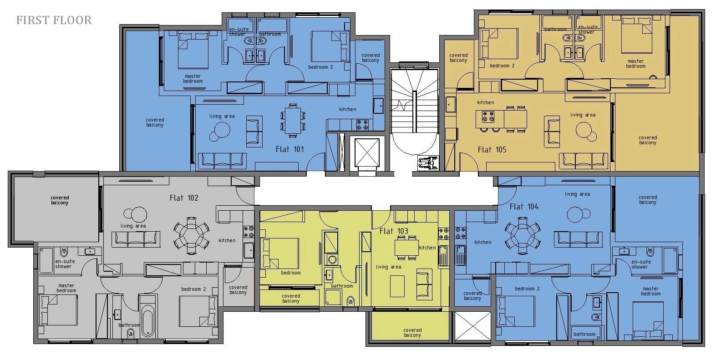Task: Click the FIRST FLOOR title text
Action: [54, 20]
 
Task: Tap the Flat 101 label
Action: [289, 149]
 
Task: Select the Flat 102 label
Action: [184, 198]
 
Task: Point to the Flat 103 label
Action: [394, 231]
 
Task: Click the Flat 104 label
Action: [524, 207]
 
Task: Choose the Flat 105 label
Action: [492, 150]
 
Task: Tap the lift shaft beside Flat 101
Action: [366, 153]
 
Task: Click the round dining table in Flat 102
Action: [192, 236]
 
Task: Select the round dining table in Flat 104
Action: [523, 236]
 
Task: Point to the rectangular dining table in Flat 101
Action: [293, 121]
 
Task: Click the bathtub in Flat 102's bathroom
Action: [148, 320]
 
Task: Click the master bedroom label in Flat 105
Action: [635, 64]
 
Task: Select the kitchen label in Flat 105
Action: [486, 102]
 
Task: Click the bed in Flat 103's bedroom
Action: [280, 253]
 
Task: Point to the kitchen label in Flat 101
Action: [347, 109]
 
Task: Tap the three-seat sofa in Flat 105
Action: [584, 161]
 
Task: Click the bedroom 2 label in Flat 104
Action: [527, 289]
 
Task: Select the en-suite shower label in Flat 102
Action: [65, 264]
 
